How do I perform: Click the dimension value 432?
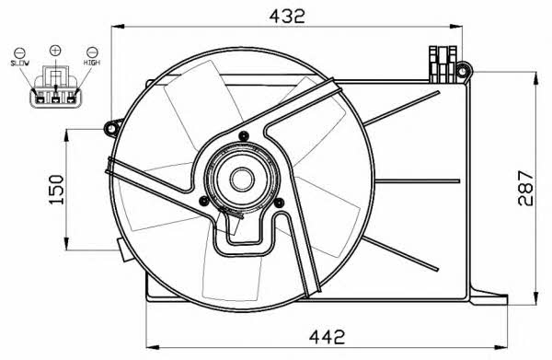[x=287, y=16]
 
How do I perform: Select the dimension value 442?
[x=327, y=337]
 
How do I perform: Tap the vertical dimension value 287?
[x=526, y=188]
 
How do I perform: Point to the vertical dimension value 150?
[x=56, y=190]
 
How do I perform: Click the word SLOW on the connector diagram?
[x=19, y=64]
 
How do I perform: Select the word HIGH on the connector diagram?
[x=92, y=63]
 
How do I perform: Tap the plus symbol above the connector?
[x=55, y=51]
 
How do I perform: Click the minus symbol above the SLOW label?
[x=19, y=52]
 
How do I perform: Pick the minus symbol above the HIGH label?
[x=92, y=52]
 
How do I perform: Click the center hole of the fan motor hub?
[x=242, y=179]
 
